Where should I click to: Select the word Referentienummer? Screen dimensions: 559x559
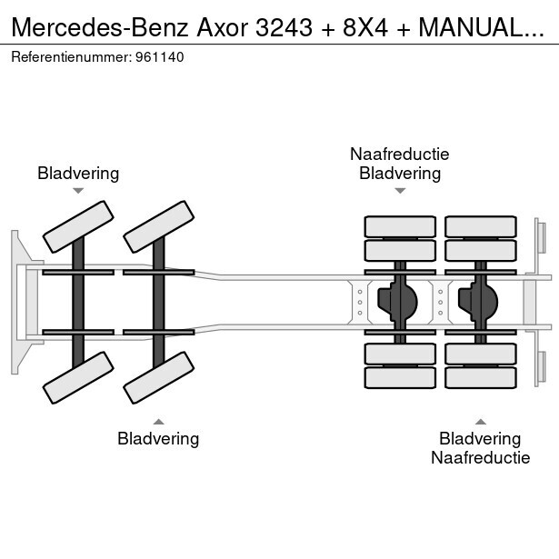[68, 56]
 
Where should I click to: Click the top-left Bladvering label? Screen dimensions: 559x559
[78, 173]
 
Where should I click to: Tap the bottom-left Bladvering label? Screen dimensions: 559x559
[158, 439]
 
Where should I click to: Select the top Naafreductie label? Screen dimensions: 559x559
[400, 155]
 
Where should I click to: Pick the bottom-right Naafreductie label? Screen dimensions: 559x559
[480, 458]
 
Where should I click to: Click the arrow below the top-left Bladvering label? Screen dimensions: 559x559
[78, 191]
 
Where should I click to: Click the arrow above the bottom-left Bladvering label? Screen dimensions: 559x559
[158, 421]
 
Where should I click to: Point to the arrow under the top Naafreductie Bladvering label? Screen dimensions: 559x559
[400, 191]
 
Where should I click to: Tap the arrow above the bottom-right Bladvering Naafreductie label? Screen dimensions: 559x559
[480, 421]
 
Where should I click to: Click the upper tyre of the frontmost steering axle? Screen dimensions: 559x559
[79, 226]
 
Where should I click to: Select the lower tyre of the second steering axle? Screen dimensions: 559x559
[158, 376]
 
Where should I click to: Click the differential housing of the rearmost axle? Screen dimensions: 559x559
[480, 300]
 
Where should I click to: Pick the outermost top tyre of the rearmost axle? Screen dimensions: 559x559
[480, 225]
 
